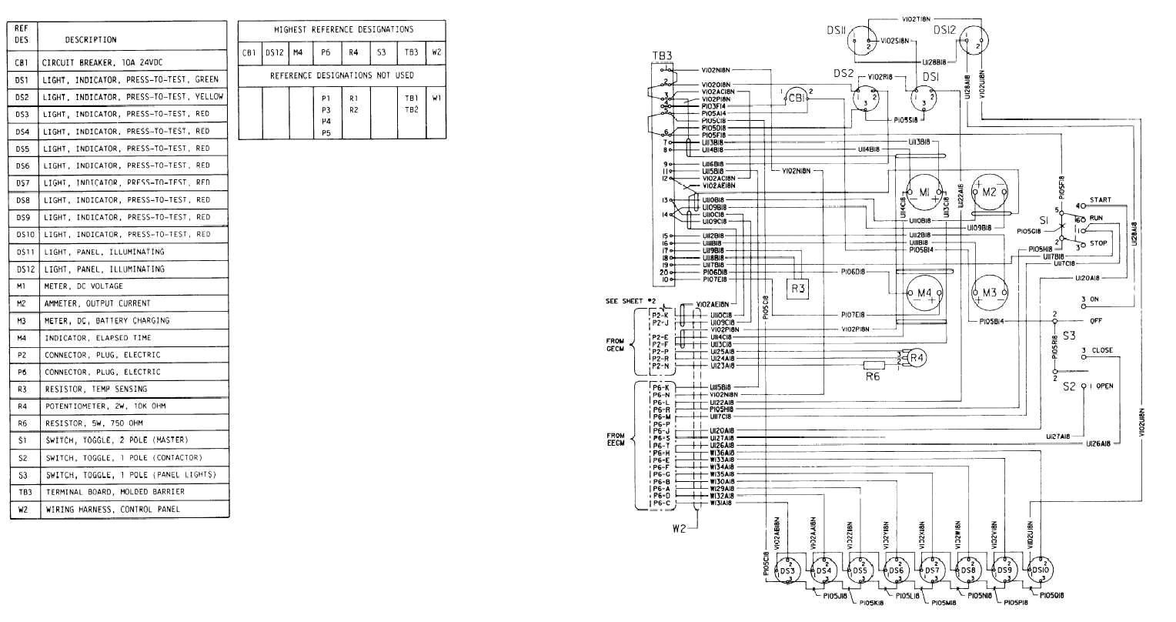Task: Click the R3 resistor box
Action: (x=797, y=289)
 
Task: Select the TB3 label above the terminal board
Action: (x=661, y=56)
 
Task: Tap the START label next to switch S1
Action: (x=1100, y=200)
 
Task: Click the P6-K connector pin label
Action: (x=660, y=386)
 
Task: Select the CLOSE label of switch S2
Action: (x=1102, y=350)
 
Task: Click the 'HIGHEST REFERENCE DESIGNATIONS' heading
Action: (x=343, y=29)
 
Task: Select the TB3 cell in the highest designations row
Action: (x=411, y=53)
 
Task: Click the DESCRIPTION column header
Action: (x=91, y=39)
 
